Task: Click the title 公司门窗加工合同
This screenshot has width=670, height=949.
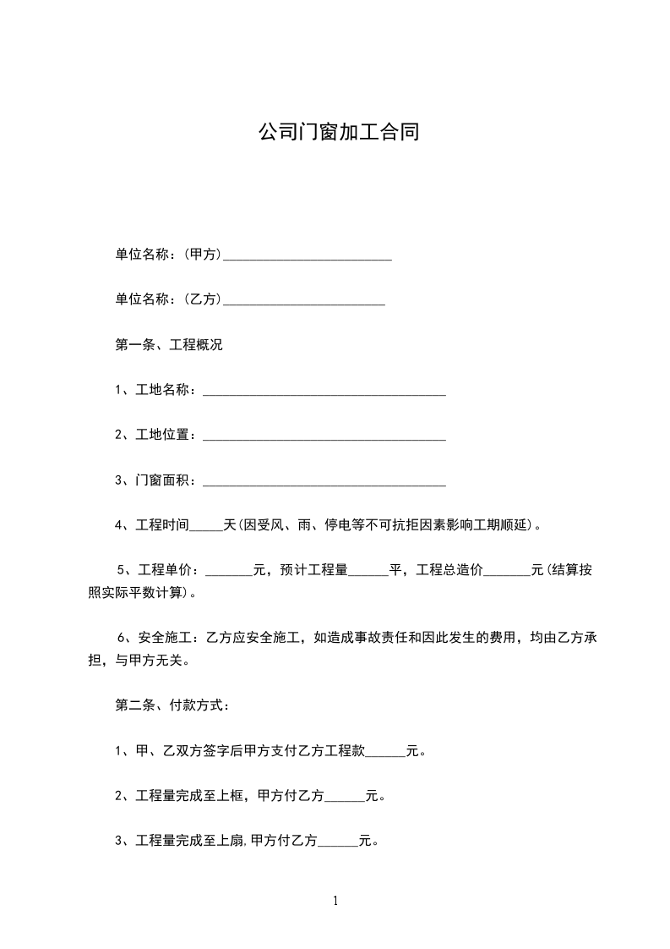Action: tap(338, 133)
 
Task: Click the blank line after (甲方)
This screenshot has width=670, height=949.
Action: tap(307, 255)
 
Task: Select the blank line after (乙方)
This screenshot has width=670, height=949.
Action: tap(303, 300)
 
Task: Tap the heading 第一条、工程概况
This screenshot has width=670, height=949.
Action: tap(169, 345)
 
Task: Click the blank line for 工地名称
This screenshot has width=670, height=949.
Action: tap(324, 392)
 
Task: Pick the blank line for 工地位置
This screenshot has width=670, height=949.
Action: tap(324, 436)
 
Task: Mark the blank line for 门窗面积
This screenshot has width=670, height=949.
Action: tap(324, 482)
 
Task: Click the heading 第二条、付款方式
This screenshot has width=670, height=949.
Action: tap(172, 705)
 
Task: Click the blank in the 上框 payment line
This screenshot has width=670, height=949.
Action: tap(344, 797)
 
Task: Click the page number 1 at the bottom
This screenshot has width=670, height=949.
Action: tap(335, 902)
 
